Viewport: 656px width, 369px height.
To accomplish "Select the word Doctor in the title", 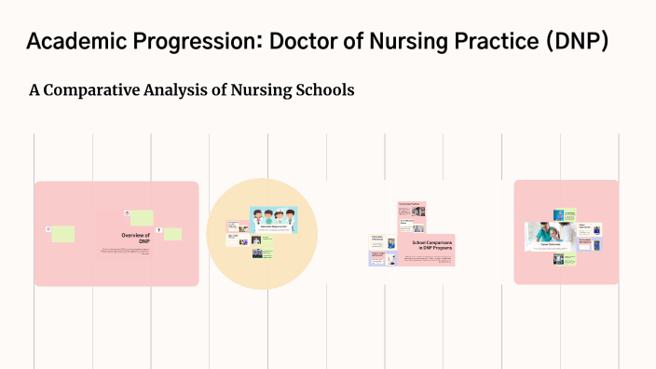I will pos(315,42).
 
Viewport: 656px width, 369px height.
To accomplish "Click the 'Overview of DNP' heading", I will pos(135,239).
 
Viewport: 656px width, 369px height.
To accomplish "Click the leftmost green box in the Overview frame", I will pos(62,233).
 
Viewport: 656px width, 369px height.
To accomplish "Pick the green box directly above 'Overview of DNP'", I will pos(142,217).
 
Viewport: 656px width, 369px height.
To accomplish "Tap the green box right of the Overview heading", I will pos(172,234).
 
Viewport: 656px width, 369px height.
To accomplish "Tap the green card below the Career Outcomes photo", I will pos(565,258).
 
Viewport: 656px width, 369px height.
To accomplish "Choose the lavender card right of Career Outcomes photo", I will pos(590,244).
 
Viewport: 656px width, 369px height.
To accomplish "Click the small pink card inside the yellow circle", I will pos(236,225).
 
